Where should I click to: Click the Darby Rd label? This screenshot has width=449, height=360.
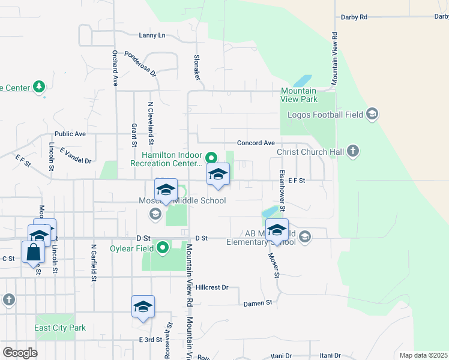[354, 17]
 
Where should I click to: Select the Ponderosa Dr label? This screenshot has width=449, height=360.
[140, 64]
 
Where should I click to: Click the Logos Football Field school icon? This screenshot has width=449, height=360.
[372, 114]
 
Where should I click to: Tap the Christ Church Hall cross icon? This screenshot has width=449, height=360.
[354, 151]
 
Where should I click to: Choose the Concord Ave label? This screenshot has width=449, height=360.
[256, 143]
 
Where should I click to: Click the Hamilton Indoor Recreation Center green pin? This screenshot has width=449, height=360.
[211, 158]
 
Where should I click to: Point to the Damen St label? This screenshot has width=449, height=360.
[258, 304]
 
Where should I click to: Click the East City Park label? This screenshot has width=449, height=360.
[60, 328]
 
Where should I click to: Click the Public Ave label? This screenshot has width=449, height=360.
[70, 134]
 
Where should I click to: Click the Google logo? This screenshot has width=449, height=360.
[20, 352]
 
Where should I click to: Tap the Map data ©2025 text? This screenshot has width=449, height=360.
[423, 355]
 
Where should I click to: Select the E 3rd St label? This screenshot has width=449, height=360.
[150, 340]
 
